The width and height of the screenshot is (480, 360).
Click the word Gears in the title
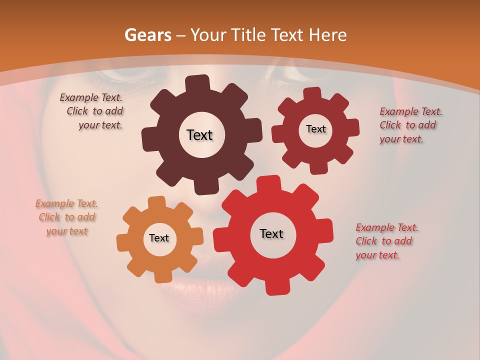coord(147,35)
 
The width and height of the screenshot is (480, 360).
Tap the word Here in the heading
coord(329,35)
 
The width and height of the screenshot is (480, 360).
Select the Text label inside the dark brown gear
coord(199,135)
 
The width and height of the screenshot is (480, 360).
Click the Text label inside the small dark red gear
coord(315,129)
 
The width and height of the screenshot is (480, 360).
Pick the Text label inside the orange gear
coord(159,238)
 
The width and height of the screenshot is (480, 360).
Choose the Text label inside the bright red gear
coord(271,234)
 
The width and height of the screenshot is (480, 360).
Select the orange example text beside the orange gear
coord(66,217)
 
